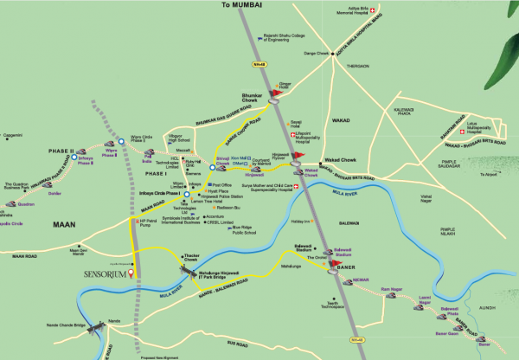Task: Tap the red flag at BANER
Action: pyautogui.click(x=331, y=263)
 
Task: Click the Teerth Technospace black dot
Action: pyautogui.click(x=330, y=296)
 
